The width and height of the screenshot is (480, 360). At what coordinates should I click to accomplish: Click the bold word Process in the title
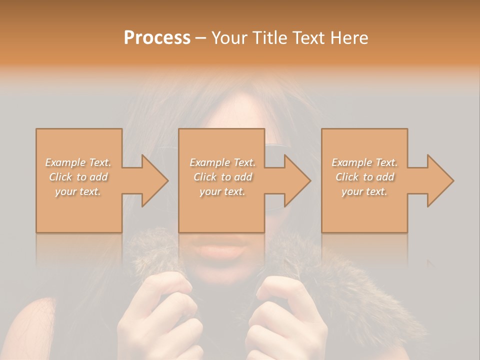[157, 38]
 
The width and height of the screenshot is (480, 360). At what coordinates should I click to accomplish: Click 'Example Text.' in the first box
[78, 162]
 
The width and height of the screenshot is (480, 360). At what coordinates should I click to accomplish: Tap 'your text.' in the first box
[78, 191]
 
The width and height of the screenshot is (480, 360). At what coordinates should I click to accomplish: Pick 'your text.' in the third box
[364, 191]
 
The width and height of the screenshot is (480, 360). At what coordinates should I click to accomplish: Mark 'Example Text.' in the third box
[364, 162]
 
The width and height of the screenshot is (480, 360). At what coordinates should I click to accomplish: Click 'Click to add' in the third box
[364, 177]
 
